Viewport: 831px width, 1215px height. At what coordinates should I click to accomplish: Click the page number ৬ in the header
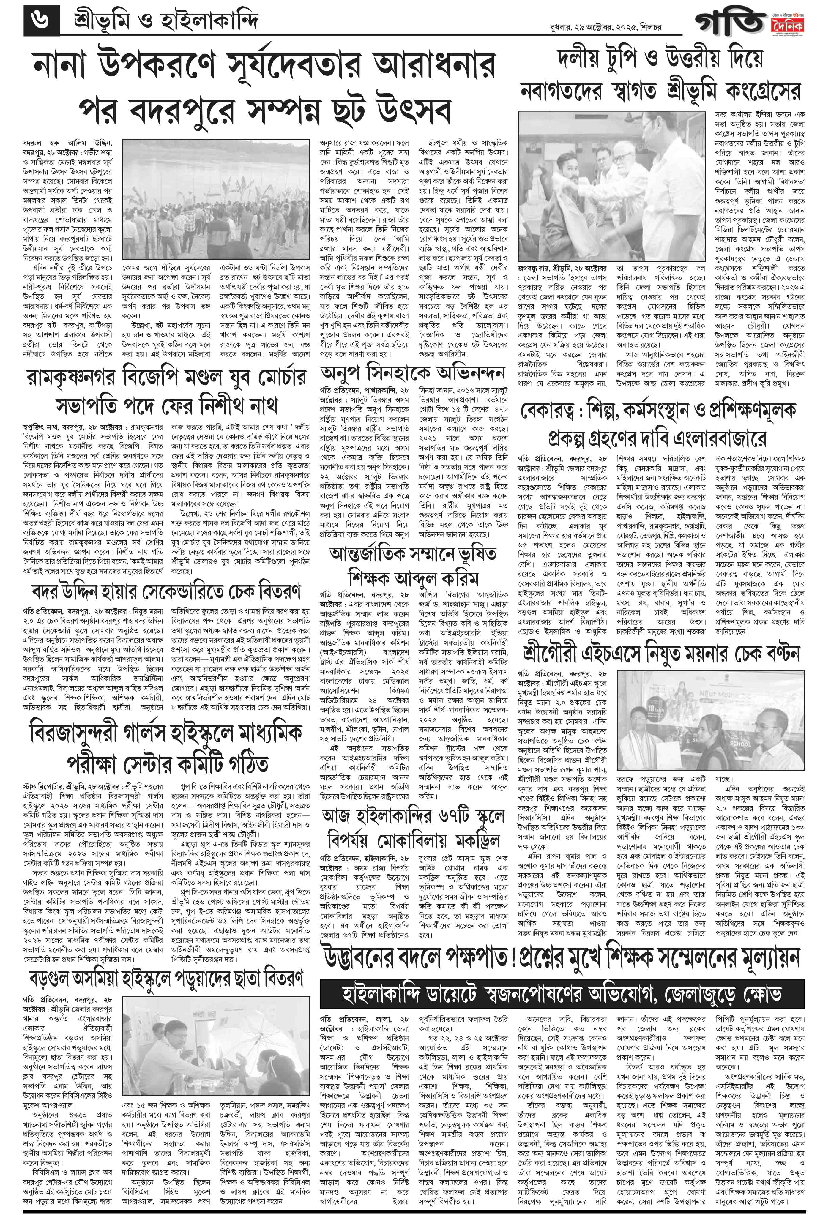click(x=42, y=21)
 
